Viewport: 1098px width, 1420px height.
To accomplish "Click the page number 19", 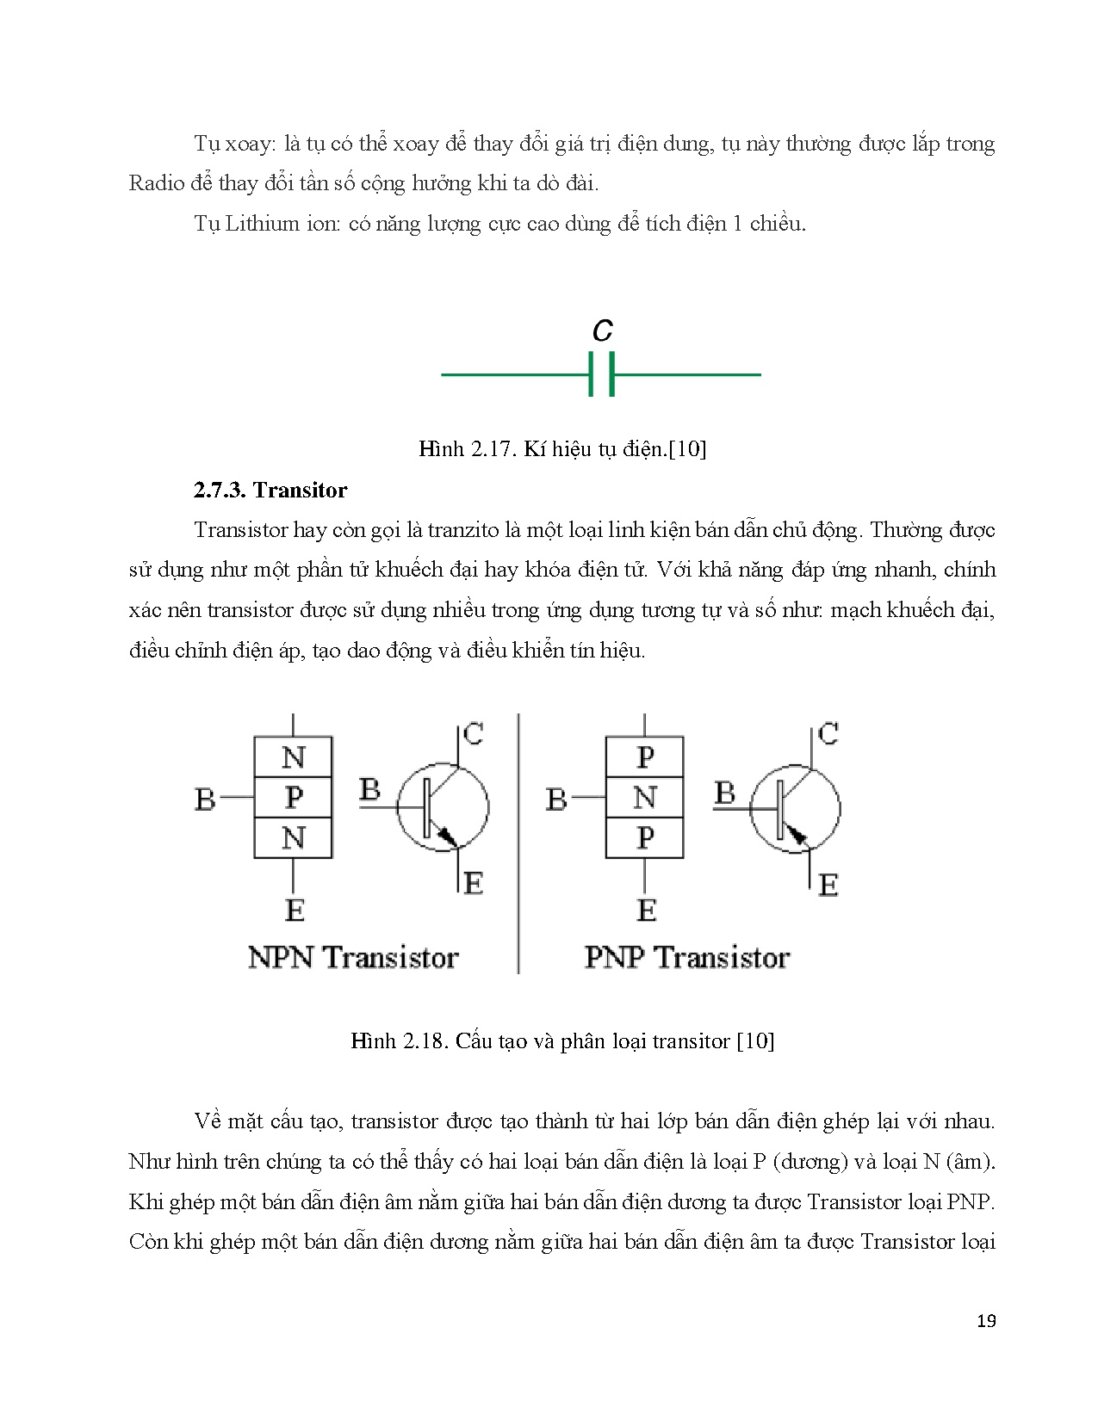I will pyautogui.click(x=986, y=1321).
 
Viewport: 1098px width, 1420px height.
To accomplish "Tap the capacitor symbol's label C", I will pyautogui.click(x=602, y=330).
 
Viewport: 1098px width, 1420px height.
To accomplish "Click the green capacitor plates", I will pyautogui.click(x=601, y=375).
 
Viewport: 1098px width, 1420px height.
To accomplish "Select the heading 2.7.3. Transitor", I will pyautogui.click(x=270, y=491).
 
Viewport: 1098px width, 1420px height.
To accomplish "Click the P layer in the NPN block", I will pyautogui.click(x=293, y=798).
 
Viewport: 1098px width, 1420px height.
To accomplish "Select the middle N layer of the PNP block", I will pyautogui.click(x=644, y=798).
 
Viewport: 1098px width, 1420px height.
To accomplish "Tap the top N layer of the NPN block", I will pyautogui.click(x=293, y=757).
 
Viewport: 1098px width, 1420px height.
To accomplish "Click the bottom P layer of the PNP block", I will pyautogui.click(x=644, y=837).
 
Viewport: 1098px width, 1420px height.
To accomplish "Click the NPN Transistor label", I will pyautogui.click(x=353, y=957).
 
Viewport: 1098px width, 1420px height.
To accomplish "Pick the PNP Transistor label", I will pyautogui.click(x=686, y=957).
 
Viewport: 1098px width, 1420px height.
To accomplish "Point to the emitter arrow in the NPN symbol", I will pyautogui.click(x=446, y=835).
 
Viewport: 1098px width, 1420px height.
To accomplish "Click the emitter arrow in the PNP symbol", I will pyautogui.click(x=797, y=833).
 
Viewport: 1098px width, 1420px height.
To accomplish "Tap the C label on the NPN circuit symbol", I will pyautogui.click(x=473, y=734).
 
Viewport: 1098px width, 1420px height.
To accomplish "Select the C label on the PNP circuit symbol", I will pyautogui.click(x=828, y=734).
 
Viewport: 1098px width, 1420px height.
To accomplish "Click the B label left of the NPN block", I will pyautogui.click(x=205, y=800).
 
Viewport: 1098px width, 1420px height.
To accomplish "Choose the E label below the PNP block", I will pyautogui.click(x=646, y=910).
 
